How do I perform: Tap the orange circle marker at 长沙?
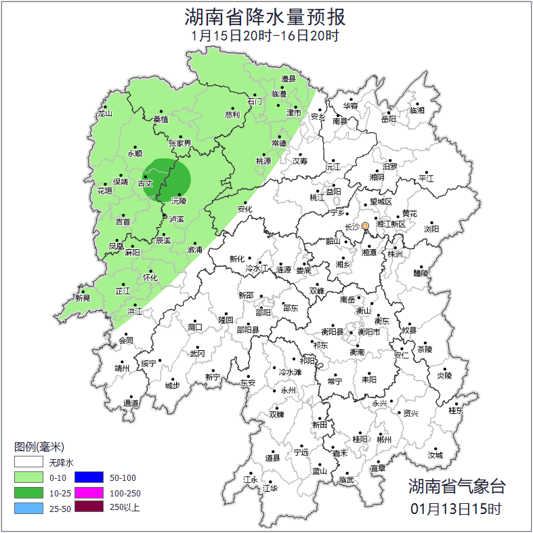click(365, 226)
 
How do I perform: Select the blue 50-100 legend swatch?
click(89, 478)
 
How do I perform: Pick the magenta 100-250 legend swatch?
click(89, 492)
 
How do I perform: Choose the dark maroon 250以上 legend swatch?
click(89, 507)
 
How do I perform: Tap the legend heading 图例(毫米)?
click(39, 447)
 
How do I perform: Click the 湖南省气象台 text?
click(456, 486)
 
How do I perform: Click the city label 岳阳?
click(388, 119)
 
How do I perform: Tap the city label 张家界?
click(180, 144)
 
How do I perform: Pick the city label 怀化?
click(150, 278)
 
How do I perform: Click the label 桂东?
click(456, 410)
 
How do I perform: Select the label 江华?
click(270, 488)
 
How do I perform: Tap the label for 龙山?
click(104, 114)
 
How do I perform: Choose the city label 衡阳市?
click(369, 332)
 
